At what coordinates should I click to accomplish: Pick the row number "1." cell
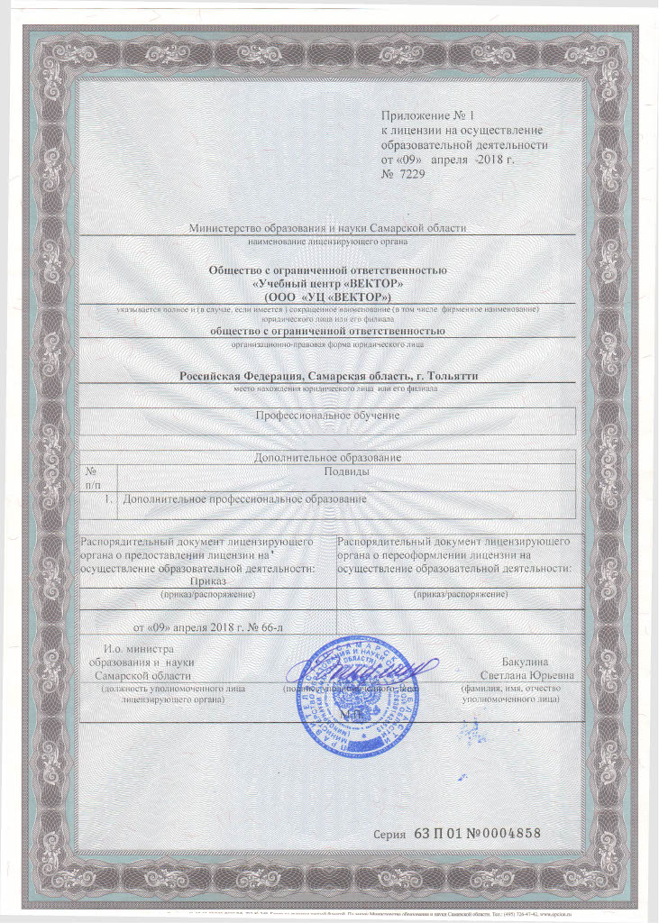tap(107, 498)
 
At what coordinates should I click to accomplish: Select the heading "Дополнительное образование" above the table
tap(327, 458)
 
